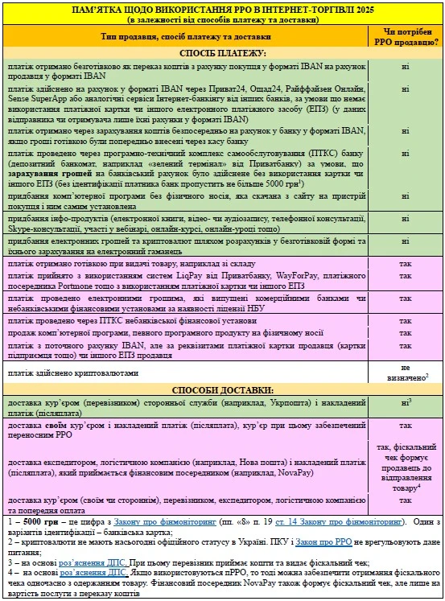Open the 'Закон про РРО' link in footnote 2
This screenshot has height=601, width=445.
coord(320,543)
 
